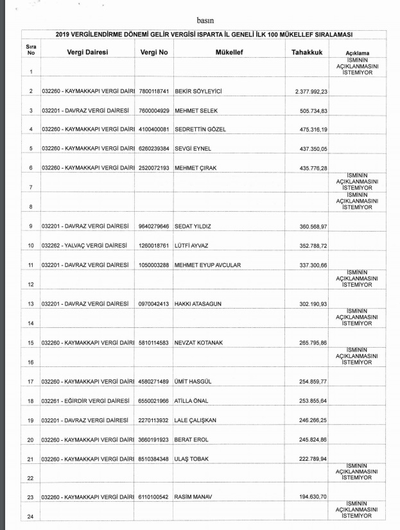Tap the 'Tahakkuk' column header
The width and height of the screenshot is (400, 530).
click(x=306, y=51)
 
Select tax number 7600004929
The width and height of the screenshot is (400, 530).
click(x=153, y=111)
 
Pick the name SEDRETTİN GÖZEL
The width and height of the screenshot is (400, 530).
click(x=200, y=130)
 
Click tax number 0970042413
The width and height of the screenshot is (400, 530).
click(x=153, y=303)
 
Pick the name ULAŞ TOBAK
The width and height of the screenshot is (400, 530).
click(x=193, y=459)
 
